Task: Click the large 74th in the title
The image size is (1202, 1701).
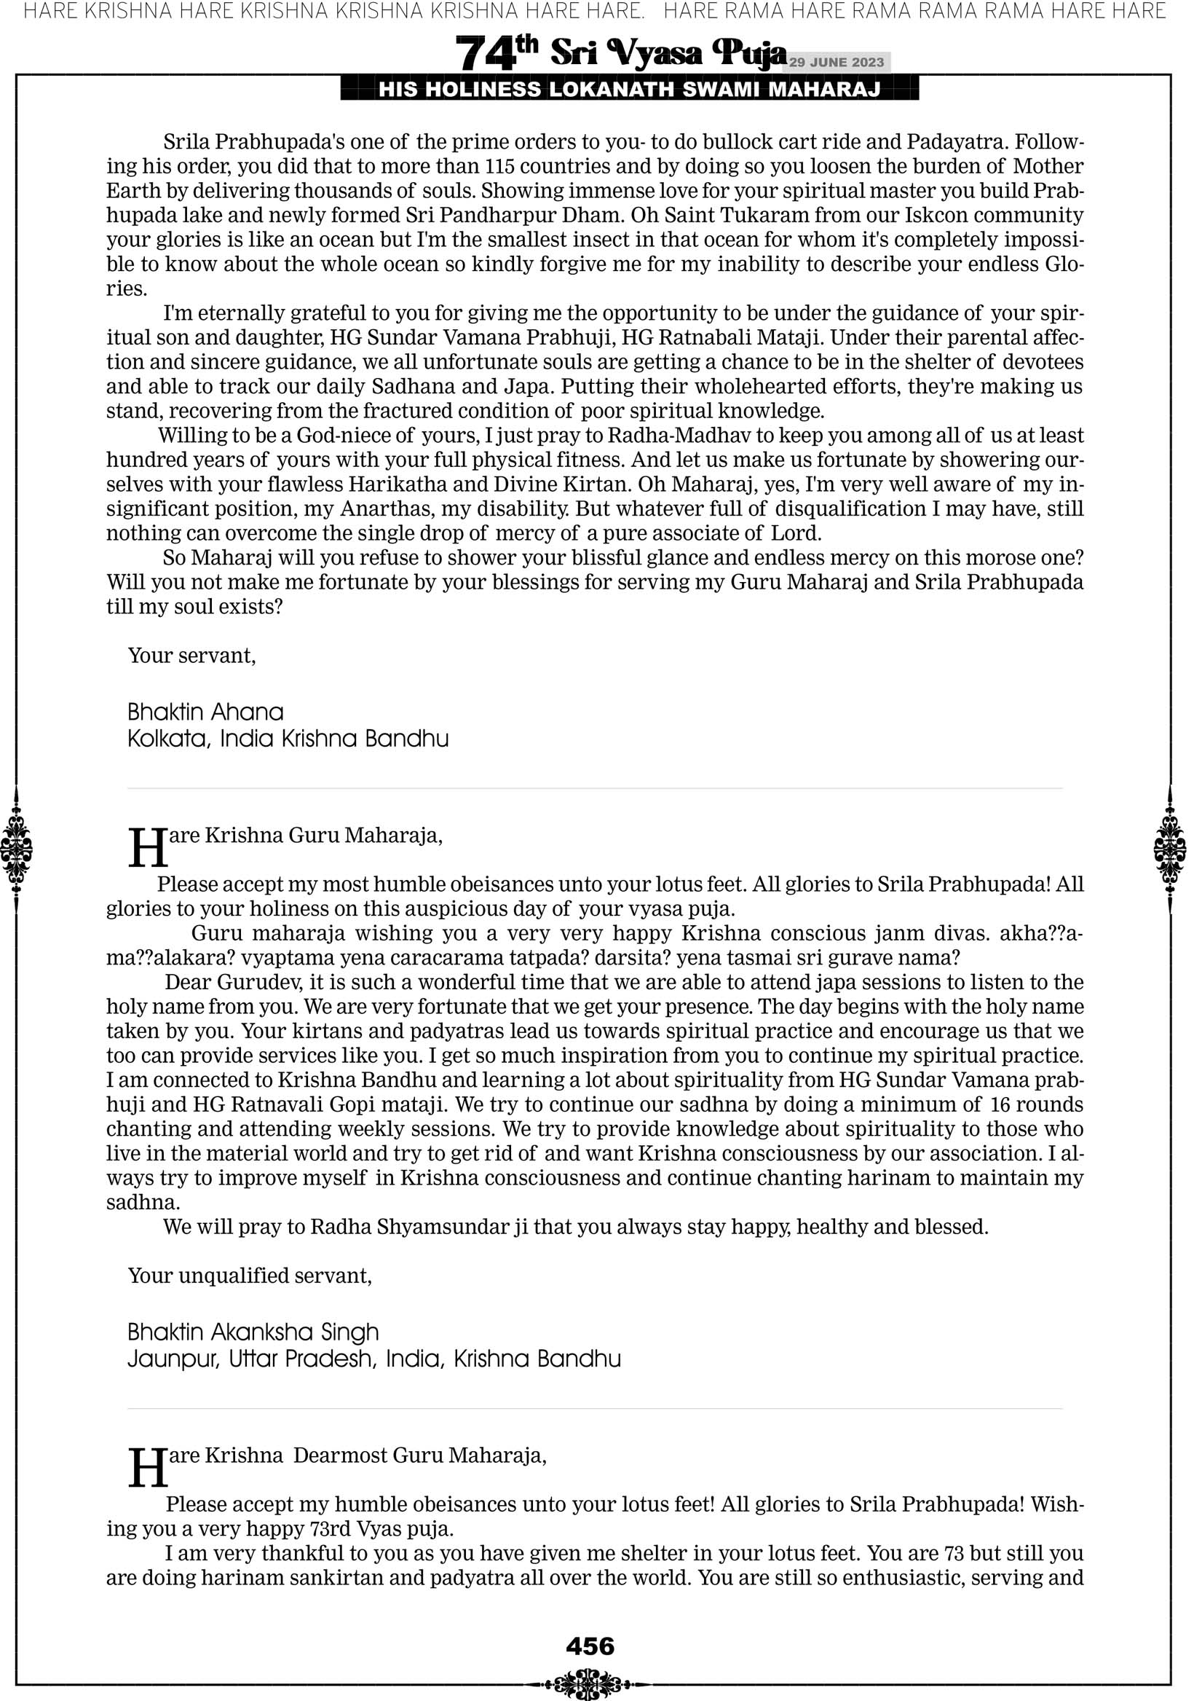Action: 496,52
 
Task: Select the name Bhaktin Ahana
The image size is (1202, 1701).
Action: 205,712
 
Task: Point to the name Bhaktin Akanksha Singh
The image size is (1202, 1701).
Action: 253,1332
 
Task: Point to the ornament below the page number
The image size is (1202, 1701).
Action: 590,1683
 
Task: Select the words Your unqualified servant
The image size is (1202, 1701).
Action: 250,1276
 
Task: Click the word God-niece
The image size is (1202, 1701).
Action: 355,435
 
